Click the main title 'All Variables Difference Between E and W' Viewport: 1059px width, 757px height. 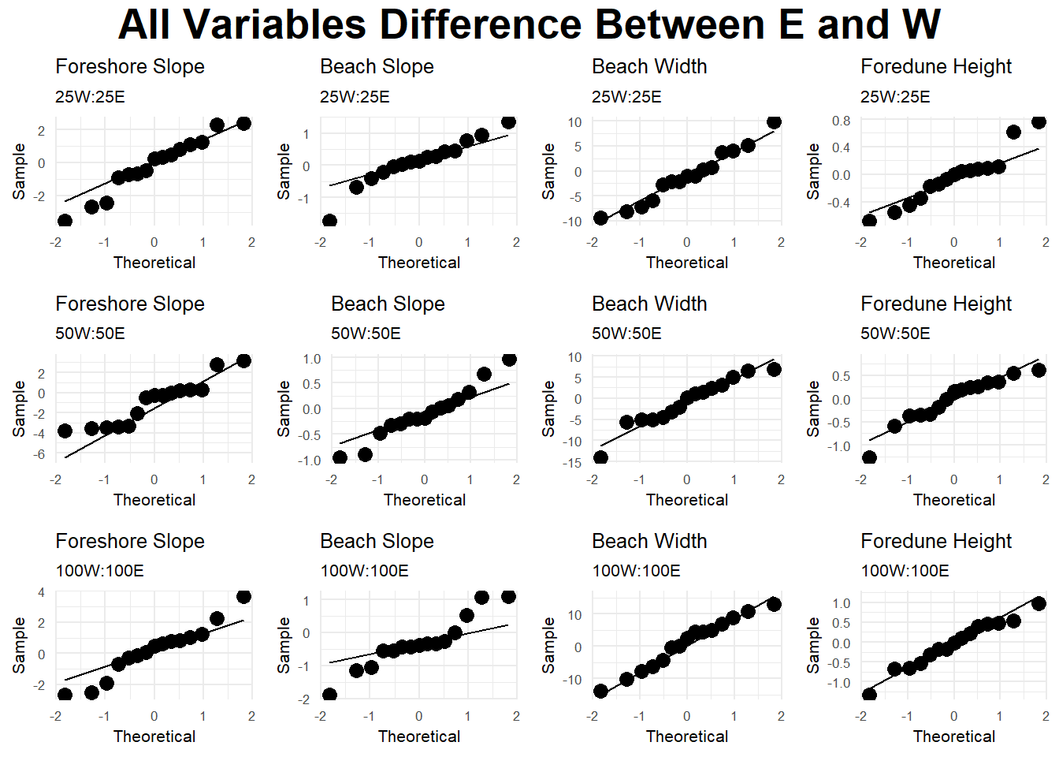pos(529,24)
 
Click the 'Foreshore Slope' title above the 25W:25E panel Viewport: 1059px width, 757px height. pos(130,67)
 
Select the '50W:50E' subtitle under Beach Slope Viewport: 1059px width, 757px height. pos(366,334)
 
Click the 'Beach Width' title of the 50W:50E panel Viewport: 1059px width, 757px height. pos(649,304)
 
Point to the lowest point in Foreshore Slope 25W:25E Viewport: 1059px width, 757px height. pos(65,222)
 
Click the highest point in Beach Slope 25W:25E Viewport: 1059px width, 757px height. pos(508,121)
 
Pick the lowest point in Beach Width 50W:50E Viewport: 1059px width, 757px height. pos(600,457)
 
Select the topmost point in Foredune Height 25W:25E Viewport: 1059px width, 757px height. pos(1039,121)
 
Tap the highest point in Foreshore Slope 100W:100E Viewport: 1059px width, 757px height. pos(243,596)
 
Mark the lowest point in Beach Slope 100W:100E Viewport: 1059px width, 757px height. pos(329,695)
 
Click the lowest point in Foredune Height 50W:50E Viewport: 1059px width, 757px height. pos(869,457)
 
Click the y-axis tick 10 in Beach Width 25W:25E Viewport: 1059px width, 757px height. pos(574,122)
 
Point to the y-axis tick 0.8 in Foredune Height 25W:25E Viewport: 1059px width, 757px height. pos(841,121)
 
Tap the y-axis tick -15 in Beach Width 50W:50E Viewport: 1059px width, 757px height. pos(572,462)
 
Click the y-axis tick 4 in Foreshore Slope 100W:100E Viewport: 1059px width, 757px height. pos(41,592)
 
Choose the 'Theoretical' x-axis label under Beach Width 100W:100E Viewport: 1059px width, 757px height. pos(687,736)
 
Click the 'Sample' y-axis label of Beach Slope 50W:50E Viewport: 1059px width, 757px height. pos(284,408)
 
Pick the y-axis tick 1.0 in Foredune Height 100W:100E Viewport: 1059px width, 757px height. pos(841,603)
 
